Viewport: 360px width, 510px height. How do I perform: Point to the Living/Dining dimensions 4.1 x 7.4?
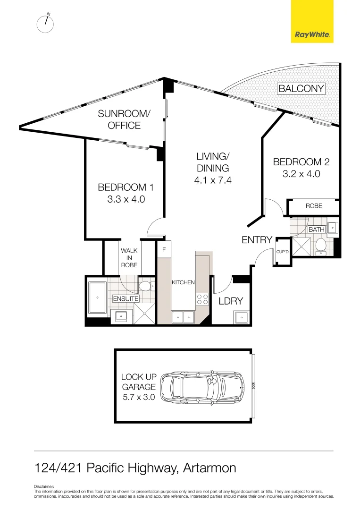[212, 180]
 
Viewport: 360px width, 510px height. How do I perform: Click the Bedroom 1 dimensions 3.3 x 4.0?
[126, 199]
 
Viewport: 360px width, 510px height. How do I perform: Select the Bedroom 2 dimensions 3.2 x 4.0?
[301, 173]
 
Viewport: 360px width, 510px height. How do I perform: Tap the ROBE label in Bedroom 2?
[314, 206]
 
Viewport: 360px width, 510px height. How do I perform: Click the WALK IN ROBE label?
[129, 258]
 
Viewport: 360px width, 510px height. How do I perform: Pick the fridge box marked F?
[164, 249]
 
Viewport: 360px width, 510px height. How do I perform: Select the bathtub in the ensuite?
[97, 297]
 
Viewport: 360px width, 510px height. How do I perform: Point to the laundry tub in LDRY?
[241, 317]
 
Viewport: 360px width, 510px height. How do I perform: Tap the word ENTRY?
[257, 240]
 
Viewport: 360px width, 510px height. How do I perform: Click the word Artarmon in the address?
[209, 468]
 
